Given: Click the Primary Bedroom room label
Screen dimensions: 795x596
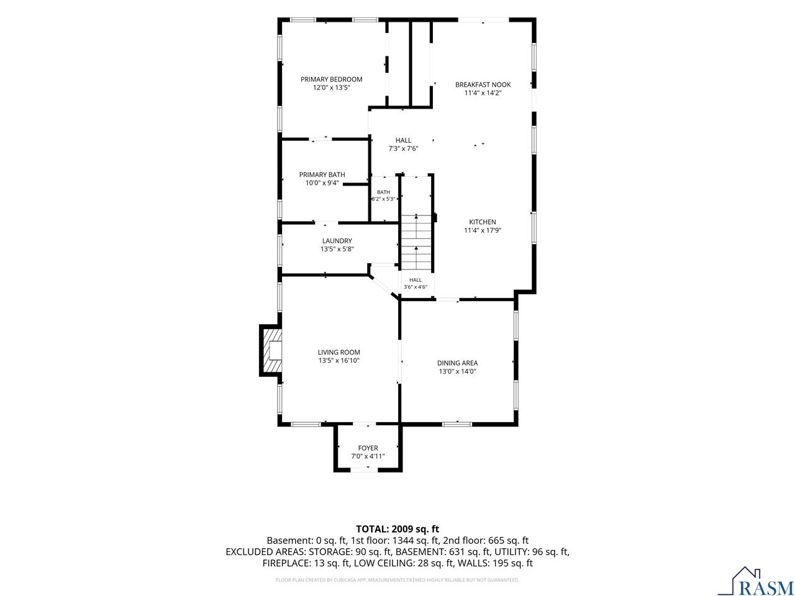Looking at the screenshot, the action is [331, 79].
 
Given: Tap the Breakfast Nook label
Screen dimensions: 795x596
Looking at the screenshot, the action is [483, 84].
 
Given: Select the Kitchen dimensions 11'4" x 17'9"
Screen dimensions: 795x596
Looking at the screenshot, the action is [483, 230].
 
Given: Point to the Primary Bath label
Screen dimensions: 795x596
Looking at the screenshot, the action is [322, 175].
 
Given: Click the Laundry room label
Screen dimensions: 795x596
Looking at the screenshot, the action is [337, 241].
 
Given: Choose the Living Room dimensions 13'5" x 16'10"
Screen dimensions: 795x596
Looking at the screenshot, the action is [338, 361].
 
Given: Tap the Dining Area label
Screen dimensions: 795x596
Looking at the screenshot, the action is [457, 363].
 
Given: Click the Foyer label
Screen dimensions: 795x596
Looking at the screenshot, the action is [368, 448].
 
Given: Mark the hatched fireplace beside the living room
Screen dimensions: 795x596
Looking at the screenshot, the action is [271, 350].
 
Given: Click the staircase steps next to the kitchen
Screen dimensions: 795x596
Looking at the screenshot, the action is [416, 242].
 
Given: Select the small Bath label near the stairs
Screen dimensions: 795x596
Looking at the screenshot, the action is [383, 192].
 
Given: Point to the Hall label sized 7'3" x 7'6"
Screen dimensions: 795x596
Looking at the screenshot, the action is [403, 140].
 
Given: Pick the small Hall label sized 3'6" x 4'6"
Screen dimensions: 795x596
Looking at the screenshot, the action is [416, 280].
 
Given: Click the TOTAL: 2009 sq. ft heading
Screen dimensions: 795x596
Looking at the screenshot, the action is [397, 529].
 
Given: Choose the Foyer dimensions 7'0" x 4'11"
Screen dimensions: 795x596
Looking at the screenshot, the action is [368, 456].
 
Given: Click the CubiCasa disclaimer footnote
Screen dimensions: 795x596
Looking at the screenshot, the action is [397, 580].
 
